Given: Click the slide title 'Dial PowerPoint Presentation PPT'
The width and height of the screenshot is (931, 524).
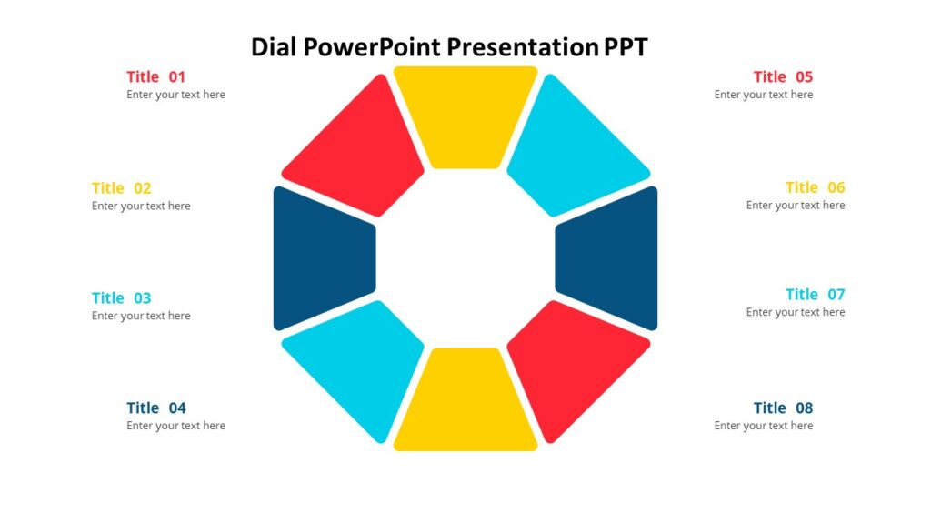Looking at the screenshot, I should [x=449, y=46].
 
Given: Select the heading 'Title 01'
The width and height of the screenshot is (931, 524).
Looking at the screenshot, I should [x=155, y=76].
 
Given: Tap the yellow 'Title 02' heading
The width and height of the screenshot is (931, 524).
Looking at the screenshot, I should [x=121, y=188].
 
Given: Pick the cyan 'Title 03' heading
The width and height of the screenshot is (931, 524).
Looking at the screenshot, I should [x=121, y=297].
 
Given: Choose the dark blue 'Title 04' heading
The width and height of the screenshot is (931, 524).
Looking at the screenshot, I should [x=155, y=408].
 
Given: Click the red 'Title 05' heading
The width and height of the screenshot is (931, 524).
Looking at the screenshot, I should [x=783, y=76].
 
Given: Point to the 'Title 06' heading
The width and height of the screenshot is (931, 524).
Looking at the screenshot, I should [x=815, y=187].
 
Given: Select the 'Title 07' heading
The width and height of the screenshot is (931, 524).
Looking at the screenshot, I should [x=815, y=294].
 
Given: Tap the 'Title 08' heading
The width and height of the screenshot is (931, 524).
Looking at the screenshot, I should [x=783, y=408].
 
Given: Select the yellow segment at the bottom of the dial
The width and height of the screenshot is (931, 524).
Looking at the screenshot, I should [x=465, y=401].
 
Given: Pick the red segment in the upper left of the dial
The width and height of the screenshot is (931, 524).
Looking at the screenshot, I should [x=359, y=150].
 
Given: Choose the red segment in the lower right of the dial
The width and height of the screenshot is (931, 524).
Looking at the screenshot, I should [x=573, y=364].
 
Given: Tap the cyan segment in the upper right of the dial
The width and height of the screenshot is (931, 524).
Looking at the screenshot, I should [x=573, y=150].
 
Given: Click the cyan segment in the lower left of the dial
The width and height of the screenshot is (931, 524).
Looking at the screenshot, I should [x=359, y=364].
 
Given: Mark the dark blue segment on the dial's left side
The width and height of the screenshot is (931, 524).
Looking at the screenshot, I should [x=323, y=258].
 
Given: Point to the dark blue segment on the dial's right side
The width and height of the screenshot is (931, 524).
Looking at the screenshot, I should [x=607, y=258].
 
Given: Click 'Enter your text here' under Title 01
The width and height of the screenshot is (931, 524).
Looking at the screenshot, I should [x=175, y=95].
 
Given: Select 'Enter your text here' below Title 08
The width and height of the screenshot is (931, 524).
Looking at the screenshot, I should [x=763, y=426].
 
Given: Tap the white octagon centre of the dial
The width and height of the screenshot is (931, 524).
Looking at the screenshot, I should [x=465, y=258].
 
